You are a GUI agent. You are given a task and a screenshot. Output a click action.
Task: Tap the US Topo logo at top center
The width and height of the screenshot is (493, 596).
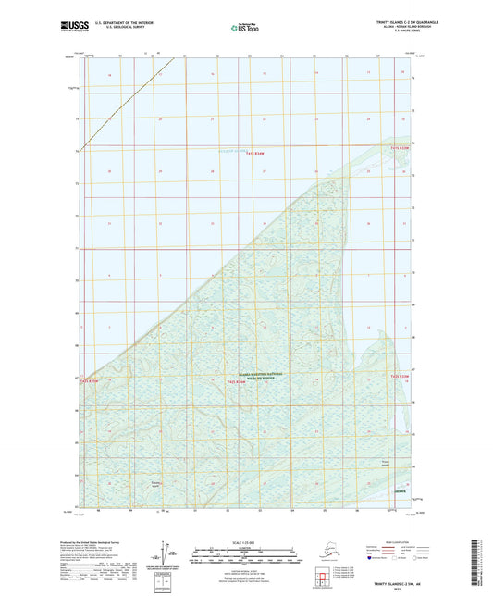pos(245,29)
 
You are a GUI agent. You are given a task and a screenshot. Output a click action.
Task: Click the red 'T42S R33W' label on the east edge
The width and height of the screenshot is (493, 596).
pos(399,377)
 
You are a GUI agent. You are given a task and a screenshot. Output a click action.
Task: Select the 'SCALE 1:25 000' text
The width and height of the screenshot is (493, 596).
pos(246,542)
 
